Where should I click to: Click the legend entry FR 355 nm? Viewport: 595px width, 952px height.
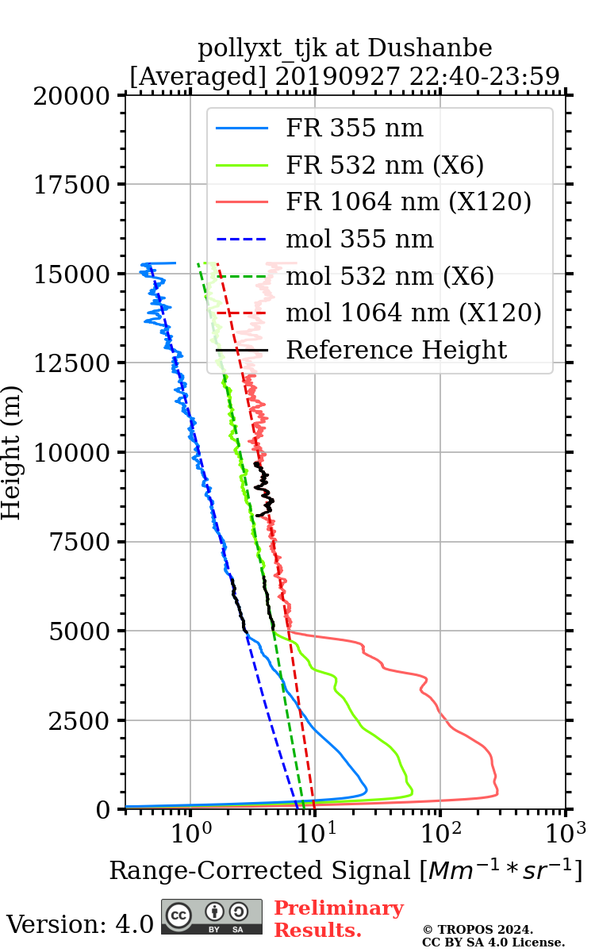[x=355, y=128]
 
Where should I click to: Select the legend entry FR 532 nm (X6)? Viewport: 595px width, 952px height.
[x=385, y=165]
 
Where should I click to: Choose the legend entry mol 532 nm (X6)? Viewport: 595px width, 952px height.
[x=390, y=276]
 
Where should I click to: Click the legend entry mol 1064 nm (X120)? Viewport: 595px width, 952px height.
[x=413, y=313]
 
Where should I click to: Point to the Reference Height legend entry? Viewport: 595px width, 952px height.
[x=396, y=350]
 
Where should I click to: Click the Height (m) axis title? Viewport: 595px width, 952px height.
[x=12, y=452]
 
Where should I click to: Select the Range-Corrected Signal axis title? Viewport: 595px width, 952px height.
[x=346, y=870]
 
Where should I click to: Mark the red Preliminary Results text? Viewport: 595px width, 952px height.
[x=338, y=919]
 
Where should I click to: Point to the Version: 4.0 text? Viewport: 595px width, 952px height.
[x=80, y=924]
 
